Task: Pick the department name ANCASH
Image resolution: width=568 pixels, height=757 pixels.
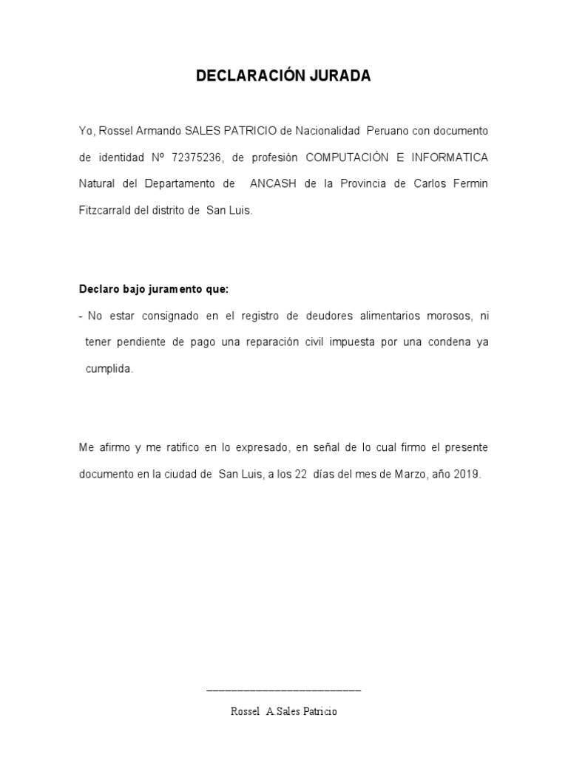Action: [273, 183]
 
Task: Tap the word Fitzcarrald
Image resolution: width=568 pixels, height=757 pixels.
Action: [107, 210]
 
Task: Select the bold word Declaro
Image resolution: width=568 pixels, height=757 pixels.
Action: [99, 289]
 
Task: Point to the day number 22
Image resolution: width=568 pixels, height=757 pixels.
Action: [300, 475]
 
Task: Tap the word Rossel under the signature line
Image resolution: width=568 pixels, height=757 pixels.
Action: [246, 711]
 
